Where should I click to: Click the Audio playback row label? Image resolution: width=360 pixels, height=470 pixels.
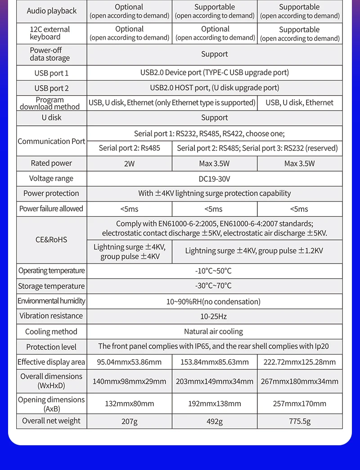52,11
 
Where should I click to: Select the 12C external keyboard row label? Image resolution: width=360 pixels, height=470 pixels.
50,33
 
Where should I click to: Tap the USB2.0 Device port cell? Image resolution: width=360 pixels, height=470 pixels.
214,72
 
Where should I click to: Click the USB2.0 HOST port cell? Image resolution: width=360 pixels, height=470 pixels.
214,88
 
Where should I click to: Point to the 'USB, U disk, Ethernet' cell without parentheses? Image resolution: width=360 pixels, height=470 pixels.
299,103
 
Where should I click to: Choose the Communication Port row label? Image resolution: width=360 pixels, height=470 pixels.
51,141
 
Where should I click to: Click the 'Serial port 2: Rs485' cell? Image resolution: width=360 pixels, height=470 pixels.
129,148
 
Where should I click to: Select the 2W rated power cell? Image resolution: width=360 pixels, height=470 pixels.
129,164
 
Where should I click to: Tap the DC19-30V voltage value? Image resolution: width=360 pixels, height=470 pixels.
214,179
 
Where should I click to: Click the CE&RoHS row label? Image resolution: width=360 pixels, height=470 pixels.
51,240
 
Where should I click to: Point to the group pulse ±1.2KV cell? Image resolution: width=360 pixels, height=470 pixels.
254,251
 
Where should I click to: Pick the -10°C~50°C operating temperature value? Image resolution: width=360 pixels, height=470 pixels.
214,271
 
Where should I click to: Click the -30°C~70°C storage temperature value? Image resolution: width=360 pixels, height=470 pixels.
214,286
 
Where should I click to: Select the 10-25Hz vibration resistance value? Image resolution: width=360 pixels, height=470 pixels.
214,316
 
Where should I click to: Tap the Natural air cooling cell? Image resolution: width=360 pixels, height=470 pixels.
214,331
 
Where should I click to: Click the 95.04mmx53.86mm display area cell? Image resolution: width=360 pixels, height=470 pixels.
129,362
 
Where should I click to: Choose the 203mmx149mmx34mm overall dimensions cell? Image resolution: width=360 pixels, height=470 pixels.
214,381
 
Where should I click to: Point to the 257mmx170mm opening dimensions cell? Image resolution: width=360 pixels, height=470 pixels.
299,403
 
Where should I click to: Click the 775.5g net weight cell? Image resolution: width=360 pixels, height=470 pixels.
299,421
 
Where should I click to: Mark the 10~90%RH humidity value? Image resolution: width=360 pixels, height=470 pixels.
214,301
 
